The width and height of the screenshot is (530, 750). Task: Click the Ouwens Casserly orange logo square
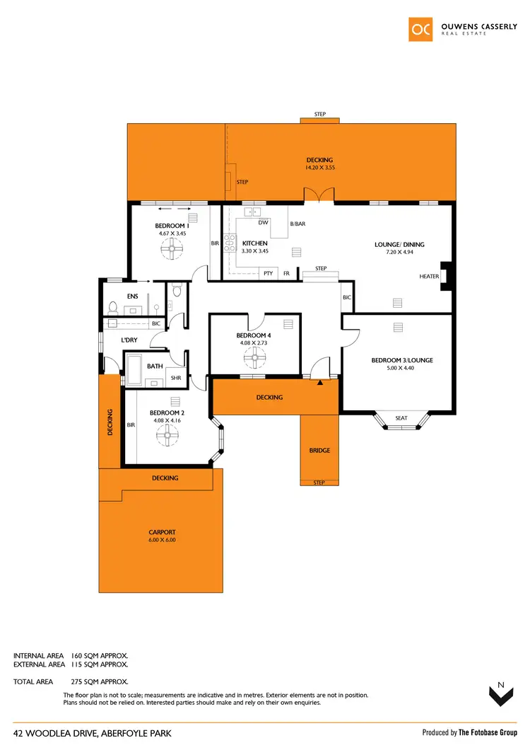[x=422, y=28]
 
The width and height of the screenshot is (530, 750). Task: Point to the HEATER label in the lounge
[x=429, y=277]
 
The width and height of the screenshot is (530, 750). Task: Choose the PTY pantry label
[x=268, y=273]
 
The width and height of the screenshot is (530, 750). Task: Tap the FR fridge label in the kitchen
[x=286, y=273]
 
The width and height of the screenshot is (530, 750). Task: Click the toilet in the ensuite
[x=113, y=307]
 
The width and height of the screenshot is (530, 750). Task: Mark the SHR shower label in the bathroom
[x=176, y=378]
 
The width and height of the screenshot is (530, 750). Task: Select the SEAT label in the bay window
[x=401, y=418]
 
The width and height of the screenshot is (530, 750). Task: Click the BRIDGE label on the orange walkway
[x=319, y=450]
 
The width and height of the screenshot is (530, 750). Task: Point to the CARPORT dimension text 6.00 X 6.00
[x=162, y=540]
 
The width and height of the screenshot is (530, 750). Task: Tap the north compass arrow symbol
[x=501, y=695]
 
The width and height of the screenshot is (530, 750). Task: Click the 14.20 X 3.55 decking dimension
[x=319, y=168]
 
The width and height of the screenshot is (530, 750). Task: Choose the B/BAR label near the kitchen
[x=298, y=224]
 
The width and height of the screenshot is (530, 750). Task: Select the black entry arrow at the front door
[x=320, y=383]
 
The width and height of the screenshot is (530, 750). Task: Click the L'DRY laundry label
[x=129, y=340]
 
